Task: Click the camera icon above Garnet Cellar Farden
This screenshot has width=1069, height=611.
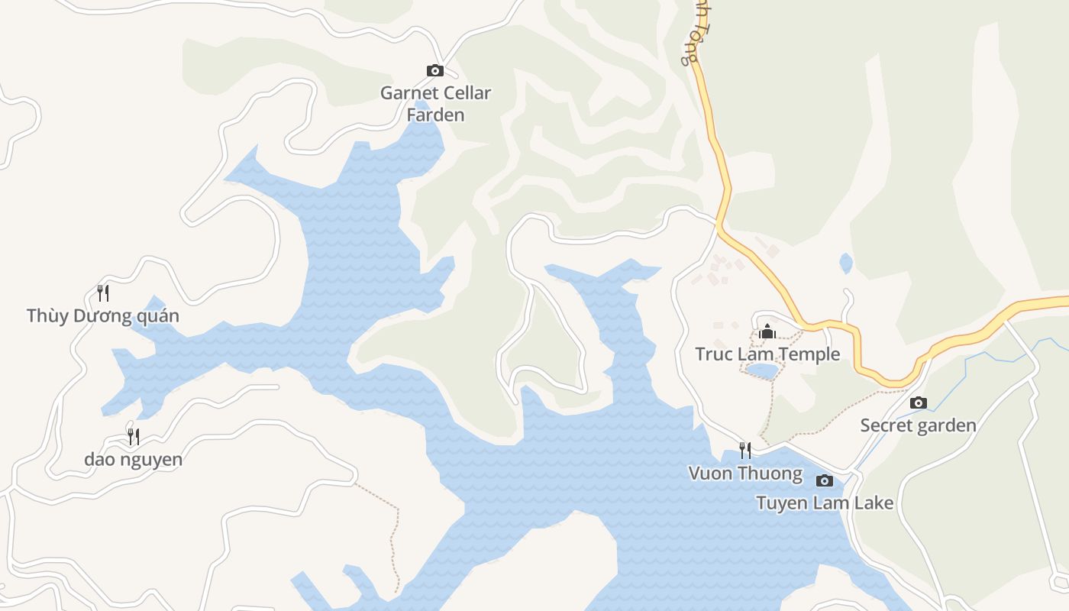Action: [434, 71]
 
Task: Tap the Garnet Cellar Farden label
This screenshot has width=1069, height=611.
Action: [435, 104]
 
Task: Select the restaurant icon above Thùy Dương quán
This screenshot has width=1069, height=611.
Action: [103, 293]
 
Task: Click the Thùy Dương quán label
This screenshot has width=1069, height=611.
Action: [102, 315]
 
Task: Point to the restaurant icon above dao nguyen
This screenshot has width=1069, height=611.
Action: [134, 436]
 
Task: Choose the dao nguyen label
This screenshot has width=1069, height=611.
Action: [133, 459]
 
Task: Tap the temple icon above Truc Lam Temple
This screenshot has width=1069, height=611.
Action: [767, 331]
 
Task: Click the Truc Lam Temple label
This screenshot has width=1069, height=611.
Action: [767, 354]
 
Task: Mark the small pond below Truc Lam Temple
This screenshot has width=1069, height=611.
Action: [761, 371]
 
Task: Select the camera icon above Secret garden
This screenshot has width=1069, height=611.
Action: [919, 402]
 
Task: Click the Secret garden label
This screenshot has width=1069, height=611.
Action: [918, 425]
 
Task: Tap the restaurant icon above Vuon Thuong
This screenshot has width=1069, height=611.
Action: [745, 450]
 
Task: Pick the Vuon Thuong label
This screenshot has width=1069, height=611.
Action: [745, 474]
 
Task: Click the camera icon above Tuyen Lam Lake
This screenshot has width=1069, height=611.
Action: [824, 480]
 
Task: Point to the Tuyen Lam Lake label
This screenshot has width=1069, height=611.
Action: [825, 503]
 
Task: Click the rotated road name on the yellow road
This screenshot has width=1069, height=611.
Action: [691, 34]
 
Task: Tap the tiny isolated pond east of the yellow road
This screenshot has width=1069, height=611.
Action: [846, 263]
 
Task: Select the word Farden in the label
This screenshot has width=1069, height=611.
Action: [435, 115]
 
